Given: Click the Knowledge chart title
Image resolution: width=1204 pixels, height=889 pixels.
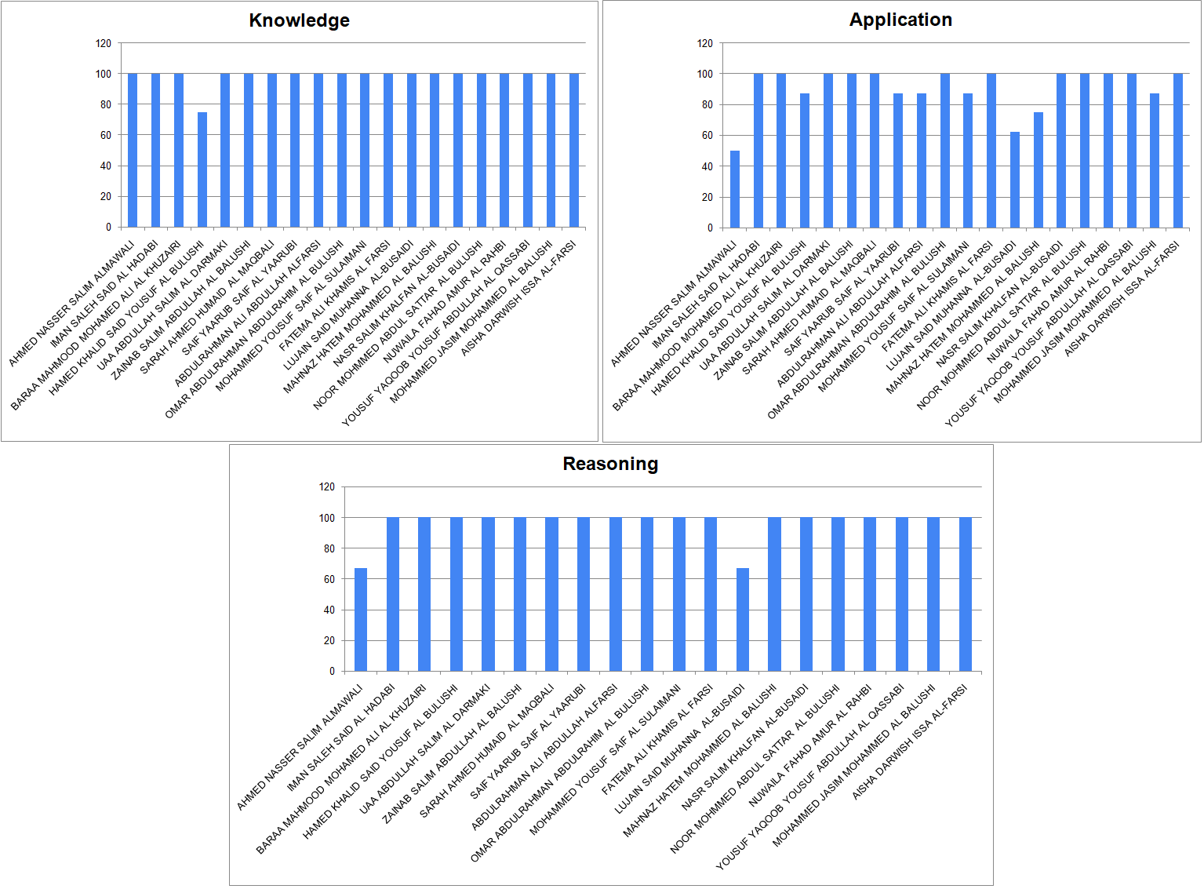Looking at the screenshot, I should tap(299, 20).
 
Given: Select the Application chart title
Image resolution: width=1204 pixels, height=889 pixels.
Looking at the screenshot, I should tap(900, 20).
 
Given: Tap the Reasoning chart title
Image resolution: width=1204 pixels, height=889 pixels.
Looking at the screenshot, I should tap(610, 464).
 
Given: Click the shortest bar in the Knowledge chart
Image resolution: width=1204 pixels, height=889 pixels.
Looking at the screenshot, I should tap(202, 169).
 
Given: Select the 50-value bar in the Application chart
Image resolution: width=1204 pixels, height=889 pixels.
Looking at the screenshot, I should tap(735, 189).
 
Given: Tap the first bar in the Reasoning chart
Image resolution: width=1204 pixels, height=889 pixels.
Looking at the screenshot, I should tap(361, 619).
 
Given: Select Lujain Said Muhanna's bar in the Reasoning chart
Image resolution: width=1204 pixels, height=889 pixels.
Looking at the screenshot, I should tap(743, 619).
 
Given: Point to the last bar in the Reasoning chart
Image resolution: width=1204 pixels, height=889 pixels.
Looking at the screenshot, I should tap(966, 594).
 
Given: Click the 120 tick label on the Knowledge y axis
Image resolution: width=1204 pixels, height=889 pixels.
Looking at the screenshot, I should tap(104, 43).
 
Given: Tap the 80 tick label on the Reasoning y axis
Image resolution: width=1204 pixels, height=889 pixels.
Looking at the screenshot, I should tap(329, 548).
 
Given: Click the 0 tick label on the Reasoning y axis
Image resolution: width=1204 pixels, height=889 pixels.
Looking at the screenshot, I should tap(332, 671).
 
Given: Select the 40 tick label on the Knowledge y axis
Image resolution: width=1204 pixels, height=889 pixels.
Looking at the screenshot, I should tap(105, 166).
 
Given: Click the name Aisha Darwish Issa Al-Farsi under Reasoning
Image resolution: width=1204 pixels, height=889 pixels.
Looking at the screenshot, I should tap(910, 741).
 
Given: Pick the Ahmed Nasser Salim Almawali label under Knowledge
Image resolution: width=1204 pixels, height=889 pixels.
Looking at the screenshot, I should tap(71, 303).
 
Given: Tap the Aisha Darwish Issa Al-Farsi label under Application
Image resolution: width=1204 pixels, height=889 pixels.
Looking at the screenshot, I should tap(1122, 298).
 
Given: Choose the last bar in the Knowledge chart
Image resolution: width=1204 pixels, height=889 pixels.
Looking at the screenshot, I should tap(574, 150).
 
